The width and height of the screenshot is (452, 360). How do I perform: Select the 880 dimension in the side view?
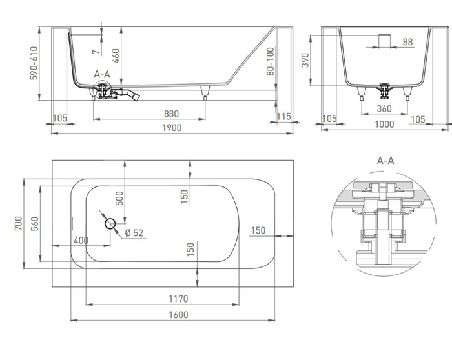171,114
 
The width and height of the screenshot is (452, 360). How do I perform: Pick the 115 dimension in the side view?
284,116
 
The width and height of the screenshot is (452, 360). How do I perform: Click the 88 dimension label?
407,42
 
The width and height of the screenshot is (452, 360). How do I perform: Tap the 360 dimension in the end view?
385,109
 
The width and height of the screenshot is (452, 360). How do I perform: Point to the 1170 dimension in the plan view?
178,299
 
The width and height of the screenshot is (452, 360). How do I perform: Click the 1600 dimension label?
178,314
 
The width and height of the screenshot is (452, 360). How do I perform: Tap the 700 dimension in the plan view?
19,224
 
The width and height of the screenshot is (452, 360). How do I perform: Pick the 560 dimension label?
36,224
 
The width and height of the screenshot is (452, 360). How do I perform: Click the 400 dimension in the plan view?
81,241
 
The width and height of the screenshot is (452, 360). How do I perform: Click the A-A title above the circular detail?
385,159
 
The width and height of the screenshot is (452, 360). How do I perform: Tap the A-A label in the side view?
102,75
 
